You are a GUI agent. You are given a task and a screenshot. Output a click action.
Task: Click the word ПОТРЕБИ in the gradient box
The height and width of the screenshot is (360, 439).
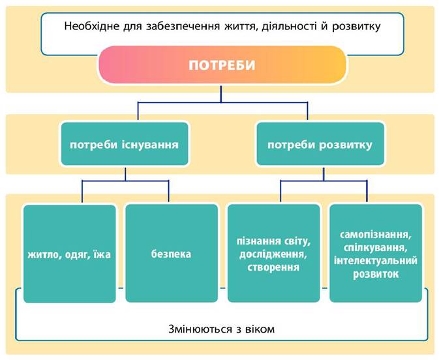pyautogui.click(x=222, y=65)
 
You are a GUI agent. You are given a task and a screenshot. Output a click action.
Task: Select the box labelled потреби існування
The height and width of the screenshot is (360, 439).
pyautogui.click(x=125, y=143)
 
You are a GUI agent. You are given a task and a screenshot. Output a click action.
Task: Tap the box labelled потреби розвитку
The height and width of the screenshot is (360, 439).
pyautogui.click(x=320, y=143)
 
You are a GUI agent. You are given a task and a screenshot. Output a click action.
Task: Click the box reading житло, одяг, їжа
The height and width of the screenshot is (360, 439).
pyautogui.click(x=69, y=254)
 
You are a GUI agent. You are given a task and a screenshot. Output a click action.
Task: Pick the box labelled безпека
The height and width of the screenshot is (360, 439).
pyautogui.click(x=172, y=253)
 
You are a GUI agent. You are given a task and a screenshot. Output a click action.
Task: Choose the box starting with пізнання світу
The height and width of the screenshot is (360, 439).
pyautogui.click(x=273, y=253)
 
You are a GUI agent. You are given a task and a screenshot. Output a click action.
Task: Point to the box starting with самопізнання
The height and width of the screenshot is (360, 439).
pyautogui.click(x=376, y=253)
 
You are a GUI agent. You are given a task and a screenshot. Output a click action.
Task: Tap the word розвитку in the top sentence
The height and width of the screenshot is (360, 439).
pyautogui.click(x=356, y=27)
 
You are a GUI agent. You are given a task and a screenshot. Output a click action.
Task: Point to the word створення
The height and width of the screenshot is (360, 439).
pyautogui.click(x=273, y=267)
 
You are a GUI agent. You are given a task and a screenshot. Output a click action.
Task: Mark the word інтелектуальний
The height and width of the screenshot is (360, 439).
pyautogui.click(x=376, y=261)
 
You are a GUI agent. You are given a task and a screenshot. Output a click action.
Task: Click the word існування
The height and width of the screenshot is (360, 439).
pyautogui.click(x=150, y=145)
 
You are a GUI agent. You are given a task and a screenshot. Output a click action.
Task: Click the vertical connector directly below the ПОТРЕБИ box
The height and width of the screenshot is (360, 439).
pyautogui.click(x=221, y=94)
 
